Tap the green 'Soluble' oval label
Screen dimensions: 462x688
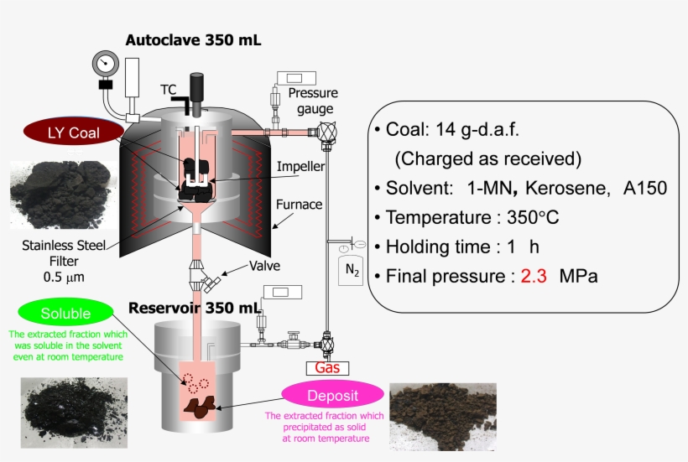66,314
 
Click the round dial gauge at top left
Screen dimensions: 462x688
106,64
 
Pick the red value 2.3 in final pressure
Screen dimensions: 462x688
534,276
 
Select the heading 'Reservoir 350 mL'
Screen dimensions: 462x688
194,308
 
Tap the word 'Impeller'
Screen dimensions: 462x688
301,166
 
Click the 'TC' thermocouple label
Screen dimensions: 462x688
169,88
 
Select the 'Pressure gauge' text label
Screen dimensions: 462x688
310,101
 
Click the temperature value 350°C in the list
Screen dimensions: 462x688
533,217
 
